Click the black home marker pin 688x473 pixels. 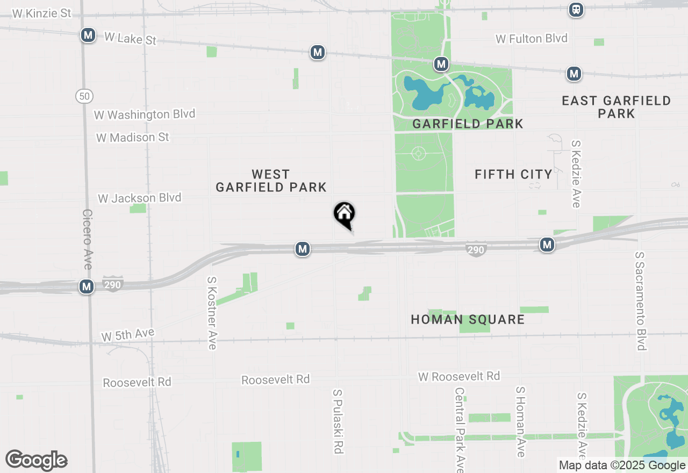345,214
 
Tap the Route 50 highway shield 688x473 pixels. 84,96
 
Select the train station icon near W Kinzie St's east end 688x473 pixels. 576,9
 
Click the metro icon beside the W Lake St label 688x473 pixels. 88,35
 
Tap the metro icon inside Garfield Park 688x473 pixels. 441,64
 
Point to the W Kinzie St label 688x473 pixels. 41,13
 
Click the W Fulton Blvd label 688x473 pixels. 532,39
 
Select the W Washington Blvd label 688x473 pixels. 145,114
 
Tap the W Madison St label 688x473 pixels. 133,138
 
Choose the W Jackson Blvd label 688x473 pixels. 140,198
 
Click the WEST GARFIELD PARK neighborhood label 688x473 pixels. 271,181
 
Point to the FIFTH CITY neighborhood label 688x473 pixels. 513,174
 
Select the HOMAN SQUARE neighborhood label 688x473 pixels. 468,319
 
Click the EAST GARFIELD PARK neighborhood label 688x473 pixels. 616,107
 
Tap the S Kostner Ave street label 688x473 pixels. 212,313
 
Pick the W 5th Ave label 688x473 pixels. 128,335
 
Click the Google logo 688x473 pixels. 36,461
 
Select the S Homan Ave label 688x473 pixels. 520,422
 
